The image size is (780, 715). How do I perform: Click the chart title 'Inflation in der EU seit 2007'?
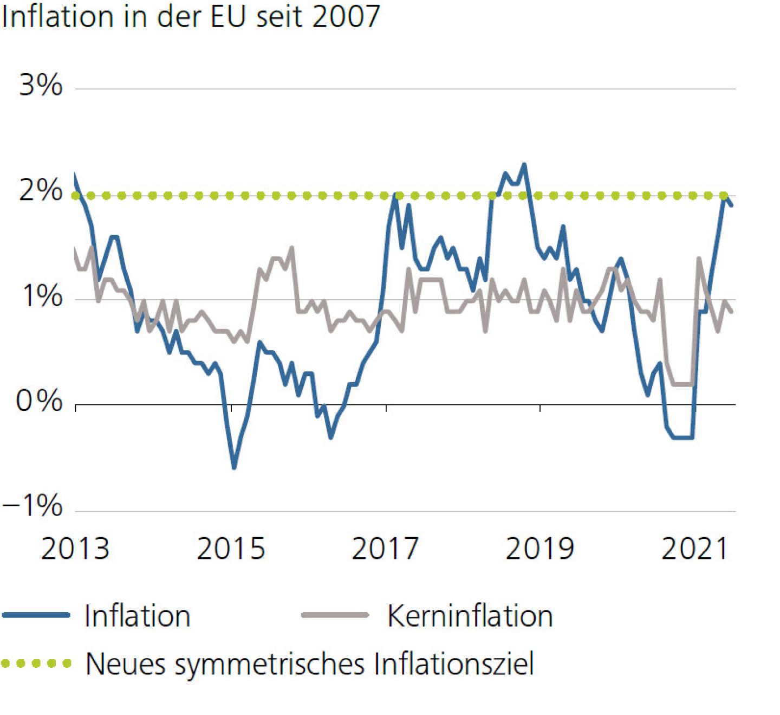tap(191, 16)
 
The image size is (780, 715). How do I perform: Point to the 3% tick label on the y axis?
tap(41, 85)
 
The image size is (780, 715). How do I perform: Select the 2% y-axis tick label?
tap(41, 191)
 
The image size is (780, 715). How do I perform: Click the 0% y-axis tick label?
tap(39, 402)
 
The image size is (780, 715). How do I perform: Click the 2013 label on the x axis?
tap(75, 549)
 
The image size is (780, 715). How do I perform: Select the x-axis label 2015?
tap(231, 549)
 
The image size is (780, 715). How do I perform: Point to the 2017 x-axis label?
tap(386, 549)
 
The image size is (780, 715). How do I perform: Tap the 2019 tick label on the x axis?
tap(539, 549)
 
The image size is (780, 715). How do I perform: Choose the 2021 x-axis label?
tap(694, 549)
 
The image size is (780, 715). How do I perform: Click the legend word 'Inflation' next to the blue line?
tap(138, 616)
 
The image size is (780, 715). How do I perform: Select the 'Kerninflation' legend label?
tap(470, 616)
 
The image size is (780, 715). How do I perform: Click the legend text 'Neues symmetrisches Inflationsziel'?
tap(310, 664)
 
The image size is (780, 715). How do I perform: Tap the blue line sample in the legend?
tap(36, 615)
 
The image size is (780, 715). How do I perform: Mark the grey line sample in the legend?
tap(335, 615)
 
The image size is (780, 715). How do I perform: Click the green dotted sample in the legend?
tap(36, 663)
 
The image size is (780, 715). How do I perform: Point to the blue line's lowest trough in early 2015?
tap(234, 467)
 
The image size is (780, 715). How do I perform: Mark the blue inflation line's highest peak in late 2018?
tap(524, 164)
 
